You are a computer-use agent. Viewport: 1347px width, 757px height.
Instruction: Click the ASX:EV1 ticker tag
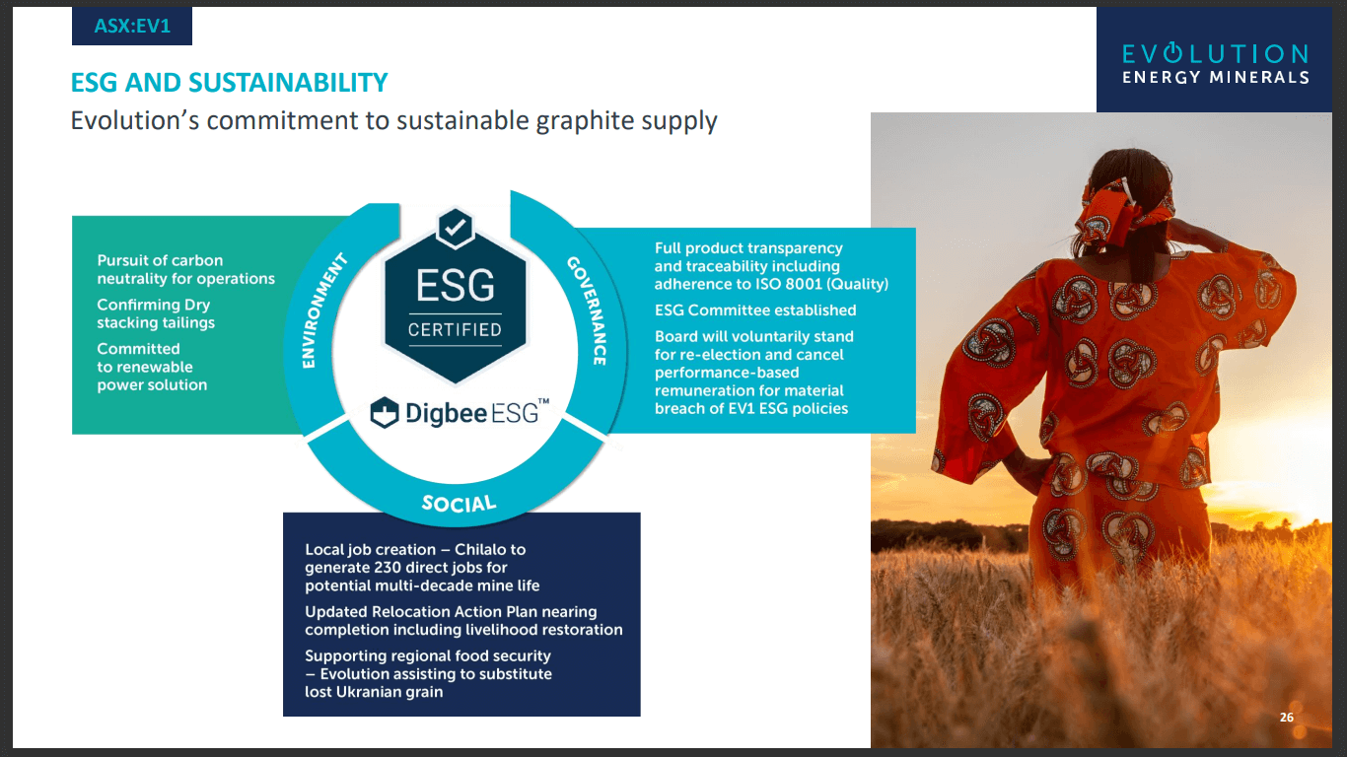132,27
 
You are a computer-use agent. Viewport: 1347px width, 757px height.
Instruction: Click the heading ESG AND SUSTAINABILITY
229,83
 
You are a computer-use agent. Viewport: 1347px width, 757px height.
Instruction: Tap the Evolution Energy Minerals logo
1216,62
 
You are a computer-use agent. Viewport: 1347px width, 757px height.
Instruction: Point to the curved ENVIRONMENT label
325,310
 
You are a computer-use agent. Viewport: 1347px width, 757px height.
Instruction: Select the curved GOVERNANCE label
586,310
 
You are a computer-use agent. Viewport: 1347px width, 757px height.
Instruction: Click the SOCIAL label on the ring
459,504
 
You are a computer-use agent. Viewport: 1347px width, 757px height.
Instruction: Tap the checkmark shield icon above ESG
455,229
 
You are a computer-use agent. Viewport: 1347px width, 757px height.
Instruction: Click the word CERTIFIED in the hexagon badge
455,330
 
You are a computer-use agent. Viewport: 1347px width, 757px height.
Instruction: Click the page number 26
1286,718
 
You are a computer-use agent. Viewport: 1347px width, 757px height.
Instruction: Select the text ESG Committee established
755,310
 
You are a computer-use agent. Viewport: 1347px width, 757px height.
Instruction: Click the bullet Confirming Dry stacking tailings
155,313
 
